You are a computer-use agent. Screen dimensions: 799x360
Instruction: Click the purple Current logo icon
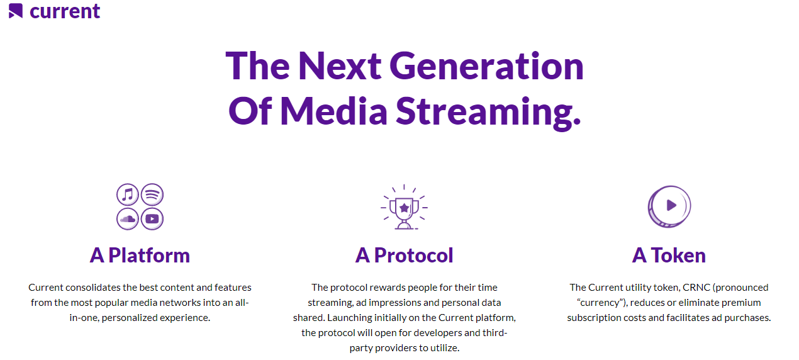click(x=16, y=11)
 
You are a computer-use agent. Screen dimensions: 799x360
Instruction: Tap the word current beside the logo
click(x=65, y=11)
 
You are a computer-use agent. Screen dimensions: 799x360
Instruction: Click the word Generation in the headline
click(x=486, y=66)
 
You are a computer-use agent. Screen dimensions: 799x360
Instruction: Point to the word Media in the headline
click(x=334, y=111)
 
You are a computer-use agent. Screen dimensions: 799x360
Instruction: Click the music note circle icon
click(x=127, y=195)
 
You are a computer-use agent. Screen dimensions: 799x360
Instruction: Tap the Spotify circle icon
click(x=152, y=195)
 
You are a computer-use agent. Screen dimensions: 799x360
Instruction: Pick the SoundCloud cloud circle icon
click(x=127, y=219)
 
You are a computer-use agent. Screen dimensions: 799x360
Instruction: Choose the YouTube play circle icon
click(x=152, y=219)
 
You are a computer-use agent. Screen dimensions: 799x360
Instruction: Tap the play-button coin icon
click(x=669, y=206)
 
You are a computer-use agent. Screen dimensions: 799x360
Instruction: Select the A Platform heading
click(x=140, y=256)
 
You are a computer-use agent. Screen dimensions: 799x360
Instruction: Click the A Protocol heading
click(x=404, y=256)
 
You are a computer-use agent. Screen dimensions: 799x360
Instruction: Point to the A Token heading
click(x=669, y=256)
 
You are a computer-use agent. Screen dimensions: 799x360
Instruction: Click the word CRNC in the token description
click(x=697, y=288)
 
